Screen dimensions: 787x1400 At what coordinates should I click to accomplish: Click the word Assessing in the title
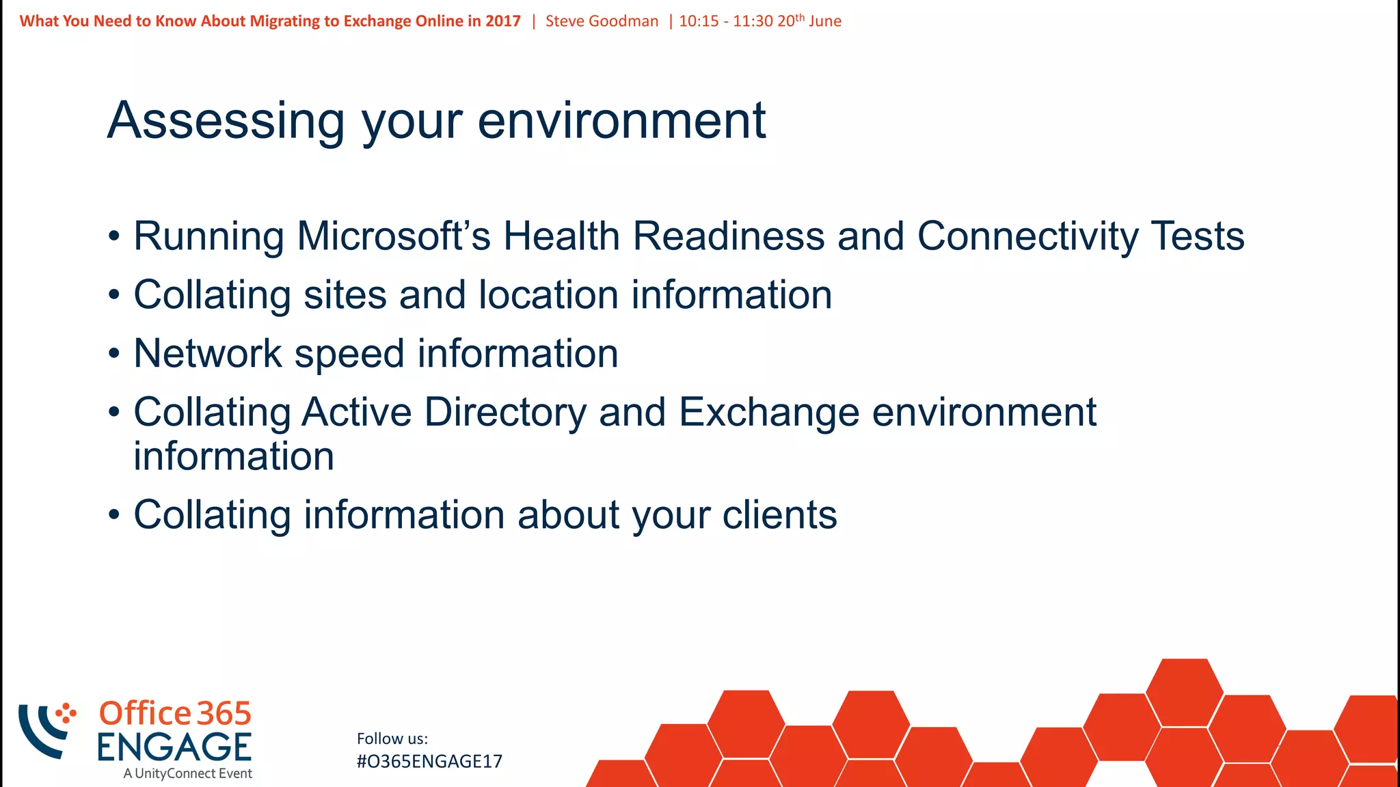(226, 121)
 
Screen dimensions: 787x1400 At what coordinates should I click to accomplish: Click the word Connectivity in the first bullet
(1027, 236)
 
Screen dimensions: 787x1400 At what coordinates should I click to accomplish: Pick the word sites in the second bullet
(345, 295)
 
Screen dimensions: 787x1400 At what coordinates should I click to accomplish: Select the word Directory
(505, 413)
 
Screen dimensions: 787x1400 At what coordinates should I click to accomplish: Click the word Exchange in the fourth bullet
(769, 413)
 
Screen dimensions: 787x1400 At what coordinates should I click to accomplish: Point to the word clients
(779, 515)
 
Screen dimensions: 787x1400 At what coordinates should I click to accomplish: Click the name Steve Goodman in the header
(602, 21)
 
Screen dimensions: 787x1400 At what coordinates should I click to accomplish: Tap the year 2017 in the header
(503, 21)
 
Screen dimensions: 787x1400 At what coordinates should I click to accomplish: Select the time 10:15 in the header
(699, 21)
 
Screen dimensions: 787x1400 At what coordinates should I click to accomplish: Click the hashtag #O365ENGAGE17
(429, 762)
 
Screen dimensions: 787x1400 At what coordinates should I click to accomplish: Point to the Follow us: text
(392, 738)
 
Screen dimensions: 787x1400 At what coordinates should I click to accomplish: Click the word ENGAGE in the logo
(174, 747)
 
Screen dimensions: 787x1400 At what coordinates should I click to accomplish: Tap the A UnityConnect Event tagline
(188, 774)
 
